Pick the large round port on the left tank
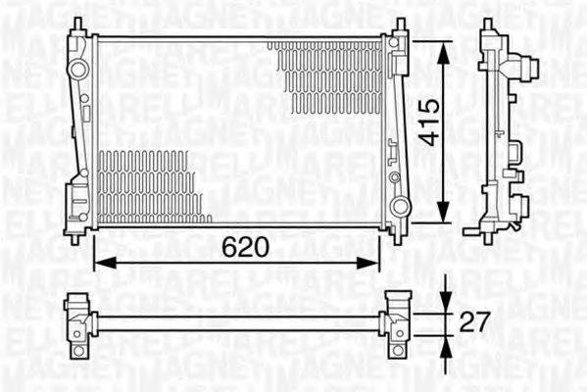click(77, 69)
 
